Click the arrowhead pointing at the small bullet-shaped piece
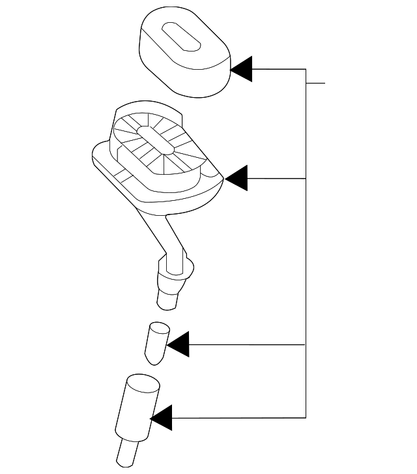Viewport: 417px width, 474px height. (179, 344)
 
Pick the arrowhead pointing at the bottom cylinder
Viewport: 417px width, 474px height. (162, 417)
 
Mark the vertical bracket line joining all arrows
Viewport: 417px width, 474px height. (306, 261)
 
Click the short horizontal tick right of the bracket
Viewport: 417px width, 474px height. (315, 83)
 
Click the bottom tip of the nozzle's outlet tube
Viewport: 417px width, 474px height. (167, 301)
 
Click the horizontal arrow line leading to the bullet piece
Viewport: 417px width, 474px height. (248, 344)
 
